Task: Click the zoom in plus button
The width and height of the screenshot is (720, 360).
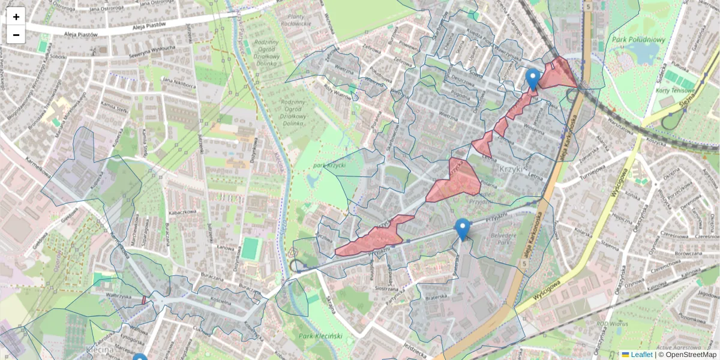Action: (x=16, y=16)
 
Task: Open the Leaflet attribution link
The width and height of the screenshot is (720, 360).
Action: (x=641, y=355)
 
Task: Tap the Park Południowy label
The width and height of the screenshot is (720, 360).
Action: (x=638, y=40)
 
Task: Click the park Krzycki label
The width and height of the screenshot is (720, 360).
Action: (x=331, y=165)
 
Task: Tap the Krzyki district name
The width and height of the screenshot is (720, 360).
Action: (x=512, y=170)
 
